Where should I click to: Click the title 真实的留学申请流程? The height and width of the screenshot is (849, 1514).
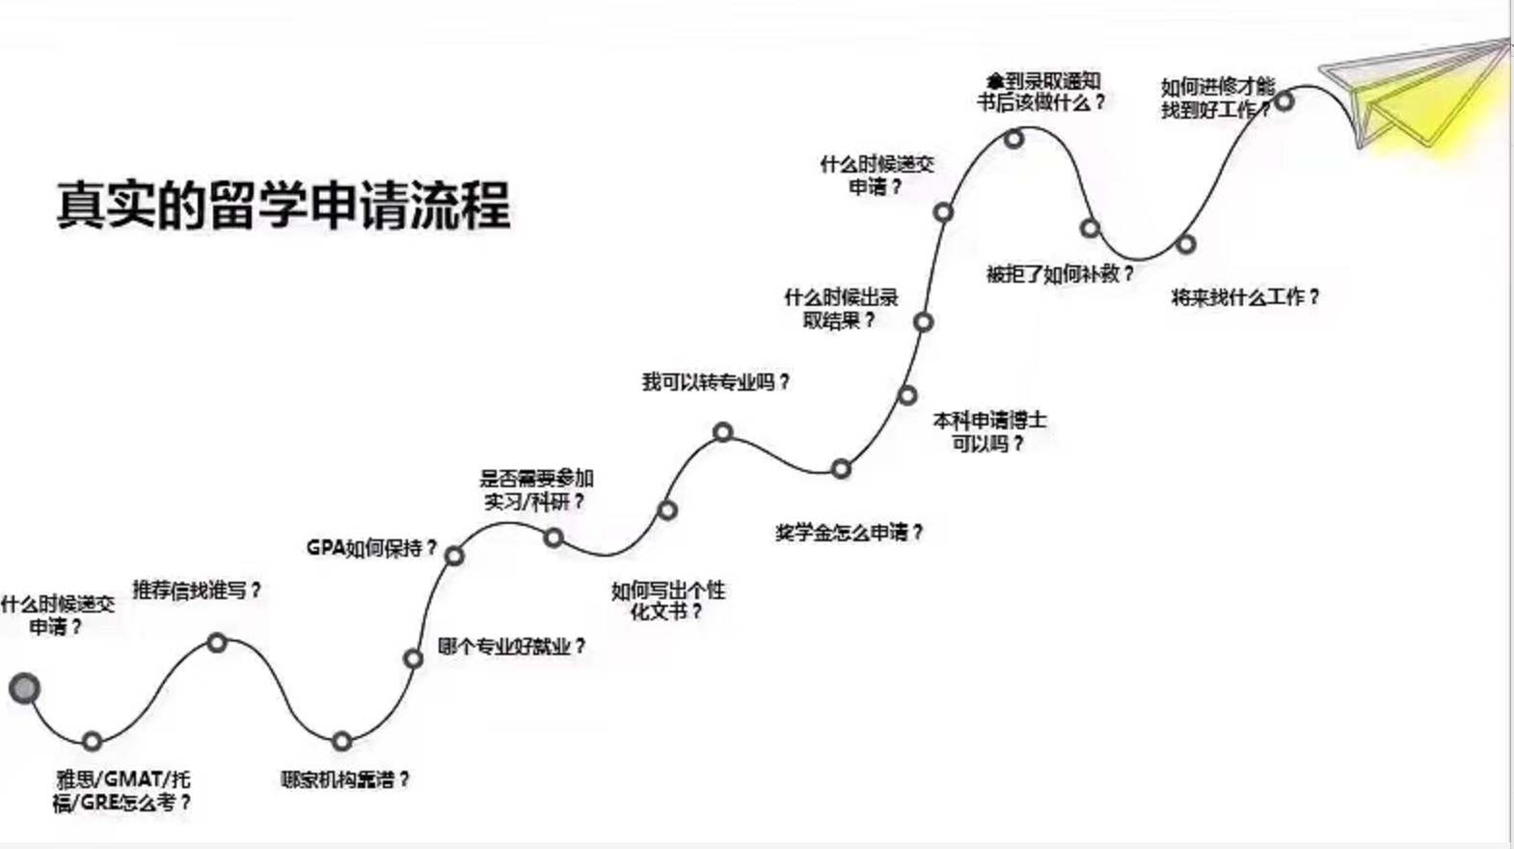pyautogui.click(x=284, y=205)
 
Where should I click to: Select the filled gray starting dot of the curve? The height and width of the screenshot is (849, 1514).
pyautogui.click(x=24, y=688)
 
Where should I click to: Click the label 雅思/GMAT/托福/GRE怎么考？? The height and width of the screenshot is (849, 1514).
pyautogui.click(x=122, y=790)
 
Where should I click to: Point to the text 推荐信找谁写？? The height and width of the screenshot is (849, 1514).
pyautogui.click(x=197, y=589)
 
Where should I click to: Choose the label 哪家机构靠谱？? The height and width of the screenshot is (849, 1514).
pyautogui.click(x=345, y=779)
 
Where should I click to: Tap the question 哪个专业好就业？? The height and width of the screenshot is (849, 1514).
pyautogui.click(x=511, y=646)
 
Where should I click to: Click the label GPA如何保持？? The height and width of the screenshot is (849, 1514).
pyautogui.click(x=371, y=548)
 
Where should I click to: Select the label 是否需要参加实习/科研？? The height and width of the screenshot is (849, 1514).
pyautogui.click(x=536, y=489)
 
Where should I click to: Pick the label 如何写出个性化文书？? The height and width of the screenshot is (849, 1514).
pyautogui.click(x=667, y=600)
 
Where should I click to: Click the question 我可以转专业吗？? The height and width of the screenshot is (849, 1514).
pyautogui.click(x=716, y=382)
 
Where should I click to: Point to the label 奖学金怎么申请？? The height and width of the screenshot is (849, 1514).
pyautogui.click(x=849, y=532)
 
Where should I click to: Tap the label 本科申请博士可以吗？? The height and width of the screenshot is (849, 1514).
pyautogui.click(x=989, y=431)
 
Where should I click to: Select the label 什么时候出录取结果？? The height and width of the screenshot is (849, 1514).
pyautogui.click(x=841, y=308)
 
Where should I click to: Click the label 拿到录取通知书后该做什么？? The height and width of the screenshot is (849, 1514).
pyautogui.click(x=1041, y=91)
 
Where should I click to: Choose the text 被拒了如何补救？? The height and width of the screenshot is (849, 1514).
pyautogui.click(x=1059, y=274)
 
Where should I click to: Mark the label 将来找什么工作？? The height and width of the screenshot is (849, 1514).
pyautogui.click(x=1244, y=297)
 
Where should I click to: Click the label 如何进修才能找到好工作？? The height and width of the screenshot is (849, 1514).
pyautogui.click(x=1217, y=98)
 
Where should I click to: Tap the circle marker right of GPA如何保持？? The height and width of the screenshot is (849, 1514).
pyautogui.click(x=454, y=556)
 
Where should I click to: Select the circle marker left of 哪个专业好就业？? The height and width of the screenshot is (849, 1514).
pyautogui.click(x=413, y=659)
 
